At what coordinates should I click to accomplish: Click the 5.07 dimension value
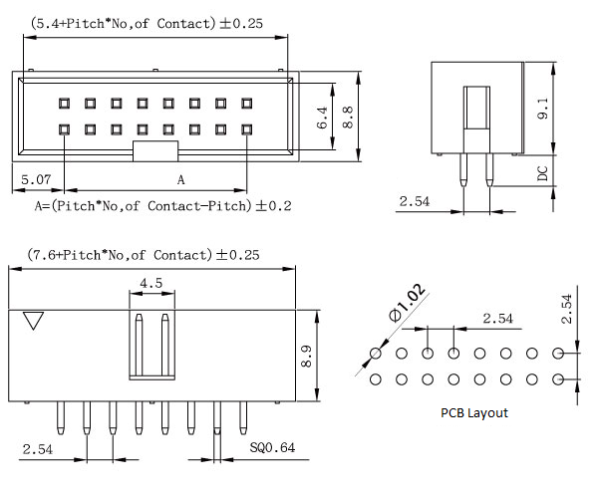[31, 179]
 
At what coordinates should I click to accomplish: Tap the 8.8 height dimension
[348, 118]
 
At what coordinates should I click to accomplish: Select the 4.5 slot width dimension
[151, 282]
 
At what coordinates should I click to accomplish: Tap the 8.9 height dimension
[307, 354]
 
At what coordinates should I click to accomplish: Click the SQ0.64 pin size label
[272, 448]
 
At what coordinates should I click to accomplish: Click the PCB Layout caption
[473, 412]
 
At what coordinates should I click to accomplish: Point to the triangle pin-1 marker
[35, 321]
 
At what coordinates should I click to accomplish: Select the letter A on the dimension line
[180, 180]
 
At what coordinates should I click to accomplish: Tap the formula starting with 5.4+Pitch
[147, 23]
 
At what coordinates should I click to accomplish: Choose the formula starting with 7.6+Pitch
[143, 255]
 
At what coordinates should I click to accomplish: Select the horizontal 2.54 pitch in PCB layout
[498, 319]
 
